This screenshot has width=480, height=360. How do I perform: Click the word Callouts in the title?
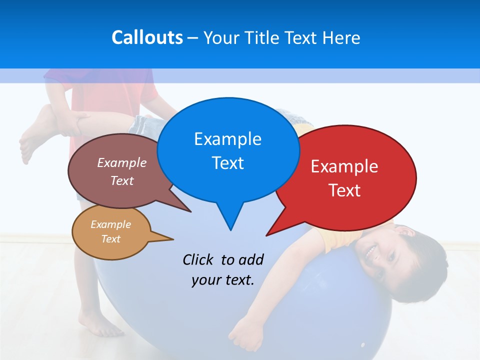point(147,37)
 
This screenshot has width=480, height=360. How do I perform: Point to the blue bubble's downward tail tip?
point(230,229)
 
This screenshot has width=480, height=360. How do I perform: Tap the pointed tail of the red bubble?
point(268,234)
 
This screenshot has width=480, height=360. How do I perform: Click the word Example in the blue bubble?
point(227,139)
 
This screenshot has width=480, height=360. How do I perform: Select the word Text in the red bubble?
point(344,190)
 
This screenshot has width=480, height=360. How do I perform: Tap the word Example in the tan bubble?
point(110,224)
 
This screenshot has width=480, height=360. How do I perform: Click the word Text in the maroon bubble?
point(122,180)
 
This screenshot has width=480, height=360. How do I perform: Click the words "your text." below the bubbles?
point(223,280)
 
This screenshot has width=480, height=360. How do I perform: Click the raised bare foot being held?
point(35,137)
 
